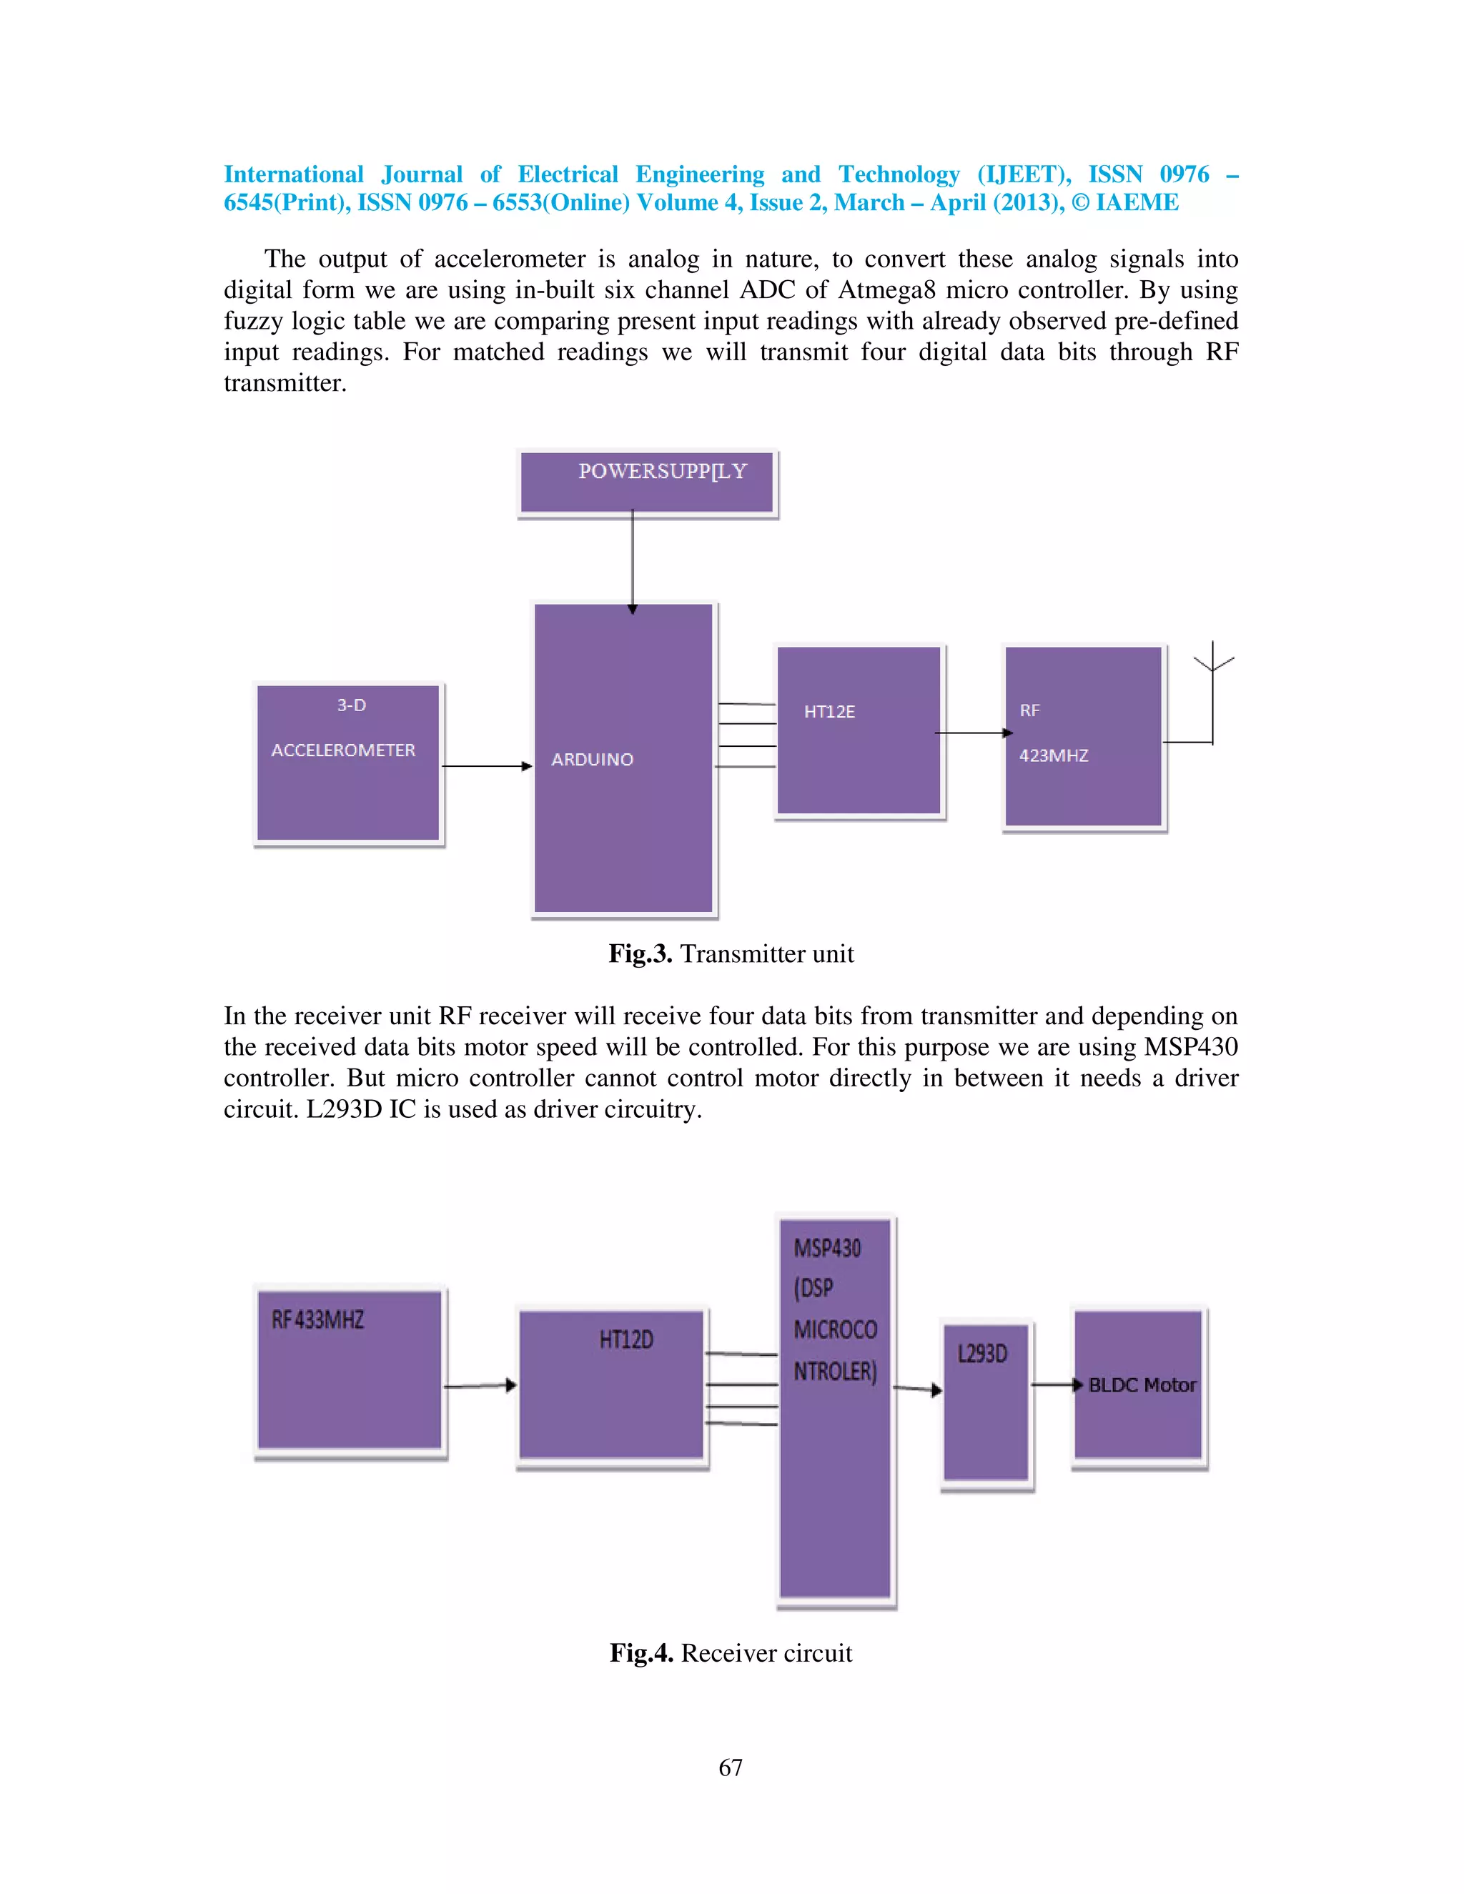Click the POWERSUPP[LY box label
(663, 471)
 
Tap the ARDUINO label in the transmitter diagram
(593, 760)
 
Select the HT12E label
(829, 712)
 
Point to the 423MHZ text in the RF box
(1053, 755)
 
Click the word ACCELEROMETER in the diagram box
(343, 750)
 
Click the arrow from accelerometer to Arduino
(487, 765)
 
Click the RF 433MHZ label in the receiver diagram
(317, 1320)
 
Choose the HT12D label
(626, 1340)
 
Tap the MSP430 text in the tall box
(827, 1249)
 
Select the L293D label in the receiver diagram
(983, 1354)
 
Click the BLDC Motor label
(1142, 1385)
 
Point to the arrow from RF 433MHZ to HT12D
(480, 1386)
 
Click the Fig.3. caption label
(640, 954)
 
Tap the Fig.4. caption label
(641, 1653)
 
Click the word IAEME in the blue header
(1137, 203)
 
